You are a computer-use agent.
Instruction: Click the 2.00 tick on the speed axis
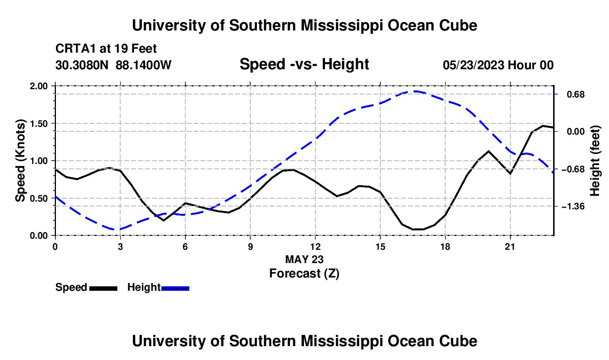tap(38, 86)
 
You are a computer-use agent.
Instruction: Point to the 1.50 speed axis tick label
tap(38, 124)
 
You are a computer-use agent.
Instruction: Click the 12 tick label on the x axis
tap(315, 246)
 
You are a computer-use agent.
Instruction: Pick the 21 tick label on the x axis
tap(509, 246)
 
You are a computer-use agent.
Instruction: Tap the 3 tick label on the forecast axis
tap(120, 246)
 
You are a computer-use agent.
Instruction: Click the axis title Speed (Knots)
tap(20, 161)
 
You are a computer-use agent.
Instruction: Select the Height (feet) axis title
tap(595, 161)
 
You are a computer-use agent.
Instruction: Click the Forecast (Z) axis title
tap(304, 274)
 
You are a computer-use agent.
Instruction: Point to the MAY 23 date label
tap(304, 259)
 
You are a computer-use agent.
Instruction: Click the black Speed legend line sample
tap(104, 288)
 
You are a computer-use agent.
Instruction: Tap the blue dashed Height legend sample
tap(175, 288)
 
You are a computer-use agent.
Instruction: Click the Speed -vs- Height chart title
tap(304, 64)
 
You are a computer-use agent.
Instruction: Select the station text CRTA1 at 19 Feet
tap(106, 49)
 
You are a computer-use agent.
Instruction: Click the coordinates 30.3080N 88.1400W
tap(113, 65)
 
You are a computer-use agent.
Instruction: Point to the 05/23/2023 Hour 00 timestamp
tap(498, 65)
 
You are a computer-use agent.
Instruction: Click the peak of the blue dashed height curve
tap(415, 91)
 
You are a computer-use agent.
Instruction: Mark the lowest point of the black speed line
tap(418, 229)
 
